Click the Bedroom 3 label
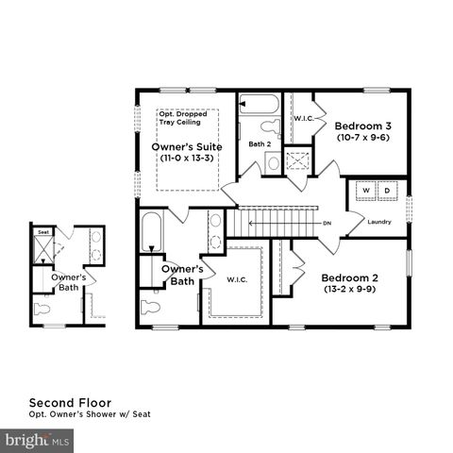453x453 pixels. tap(363, 126)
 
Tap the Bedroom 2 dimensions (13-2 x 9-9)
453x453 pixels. tap(349, 290)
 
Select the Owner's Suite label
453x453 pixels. tap(187, 147)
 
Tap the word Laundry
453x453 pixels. tap(379, 222)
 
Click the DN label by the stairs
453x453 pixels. tap(327, 224)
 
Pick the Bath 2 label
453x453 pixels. tap(260, 144)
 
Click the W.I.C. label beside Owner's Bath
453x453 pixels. tap(238, 279)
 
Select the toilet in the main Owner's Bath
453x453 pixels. tap(152, 306)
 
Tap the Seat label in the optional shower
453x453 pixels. tap(43, 231)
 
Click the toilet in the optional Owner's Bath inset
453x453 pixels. tap(42, 308)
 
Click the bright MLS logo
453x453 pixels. tap(38, 440)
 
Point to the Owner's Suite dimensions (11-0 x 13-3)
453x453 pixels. tap(187, 160)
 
